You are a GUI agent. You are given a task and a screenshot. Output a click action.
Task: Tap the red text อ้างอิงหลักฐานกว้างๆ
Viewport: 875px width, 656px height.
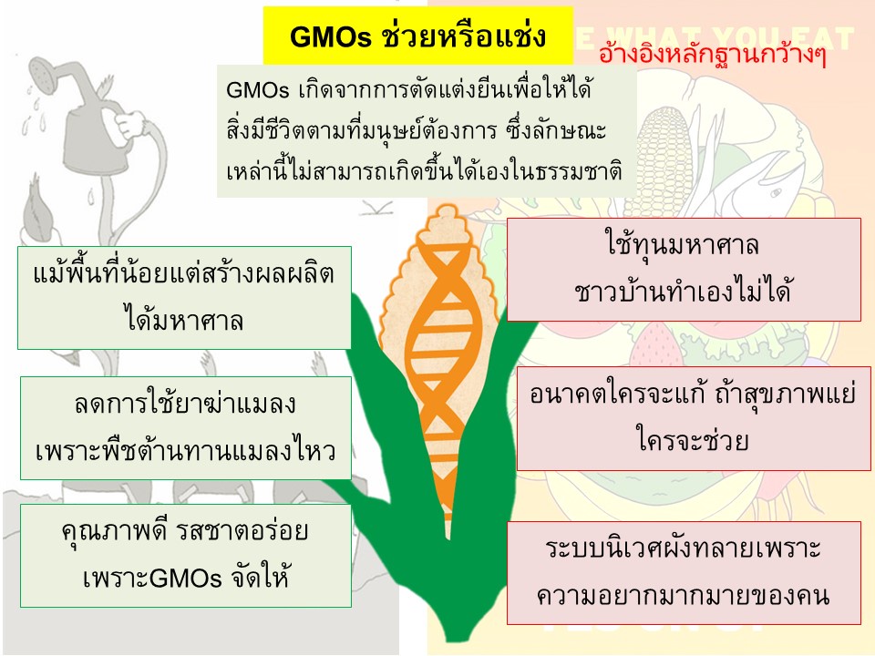point(712,54)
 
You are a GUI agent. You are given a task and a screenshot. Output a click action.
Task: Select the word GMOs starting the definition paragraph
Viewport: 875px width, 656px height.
point(257,90)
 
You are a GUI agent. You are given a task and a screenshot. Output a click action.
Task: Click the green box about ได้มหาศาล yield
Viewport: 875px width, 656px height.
point(184,298)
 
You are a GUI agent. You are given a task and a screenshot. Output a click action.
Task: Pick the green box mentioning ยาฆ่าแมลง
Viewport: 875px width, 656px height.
point(186,428)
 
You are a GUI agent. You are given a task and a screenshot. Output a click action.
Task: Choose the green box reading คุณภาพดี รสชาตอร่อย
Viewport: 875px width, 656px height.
point(186,556)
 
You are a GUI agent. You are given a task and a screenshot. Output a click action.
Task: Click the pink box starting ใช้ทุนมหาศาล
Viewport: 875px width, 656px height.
point(684,270)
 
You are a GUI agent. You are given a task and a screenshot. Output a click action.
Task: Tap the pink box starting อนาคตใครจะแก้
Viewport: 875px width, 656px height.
point(694,418)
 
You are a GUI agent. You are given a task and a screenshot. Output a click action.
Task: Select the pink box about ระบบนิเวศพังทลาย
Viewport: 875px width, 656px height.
point(684,573)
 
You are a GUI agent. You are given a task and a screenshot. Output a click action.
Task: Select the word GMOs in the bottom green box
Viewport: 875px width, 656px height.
point(185,579)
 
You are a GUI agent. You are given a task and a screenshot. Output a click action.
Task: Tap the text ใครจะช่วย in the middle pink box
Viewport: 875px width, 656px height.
point(693,440)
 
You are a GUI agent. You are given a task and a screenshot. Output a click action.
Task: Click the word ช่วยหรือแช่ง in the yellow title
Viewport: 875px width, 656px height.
point(464,36)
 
